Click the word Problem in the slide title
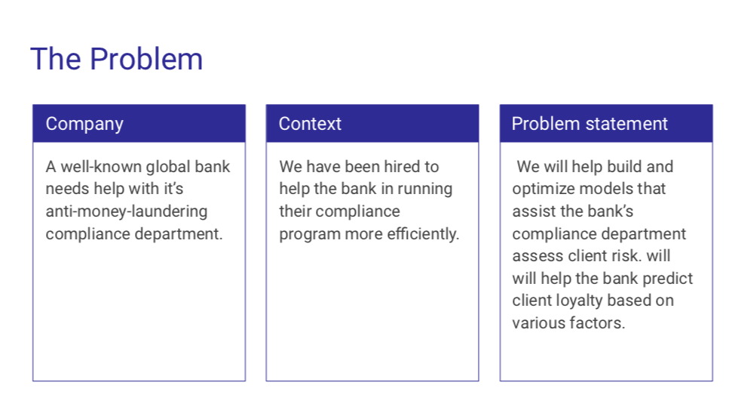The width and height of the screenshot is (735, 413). [x=146, y=60]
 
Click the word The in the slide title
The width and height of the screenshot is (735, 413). [x=56, y=59]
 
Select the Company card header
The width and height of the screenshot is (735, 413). [x=139, y=123]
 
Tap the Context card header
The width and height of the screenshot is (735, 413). [x=372, y=123]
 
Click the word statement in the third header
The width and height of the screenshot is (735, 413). [x=626, y=124]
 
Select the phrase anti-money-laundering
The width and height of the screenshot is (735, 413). [x=127, y=211]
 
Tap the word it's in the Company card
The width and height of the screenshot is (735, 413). [x=174, y=189]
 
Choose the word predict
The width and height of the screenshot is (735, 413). [x=667, y=279]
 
